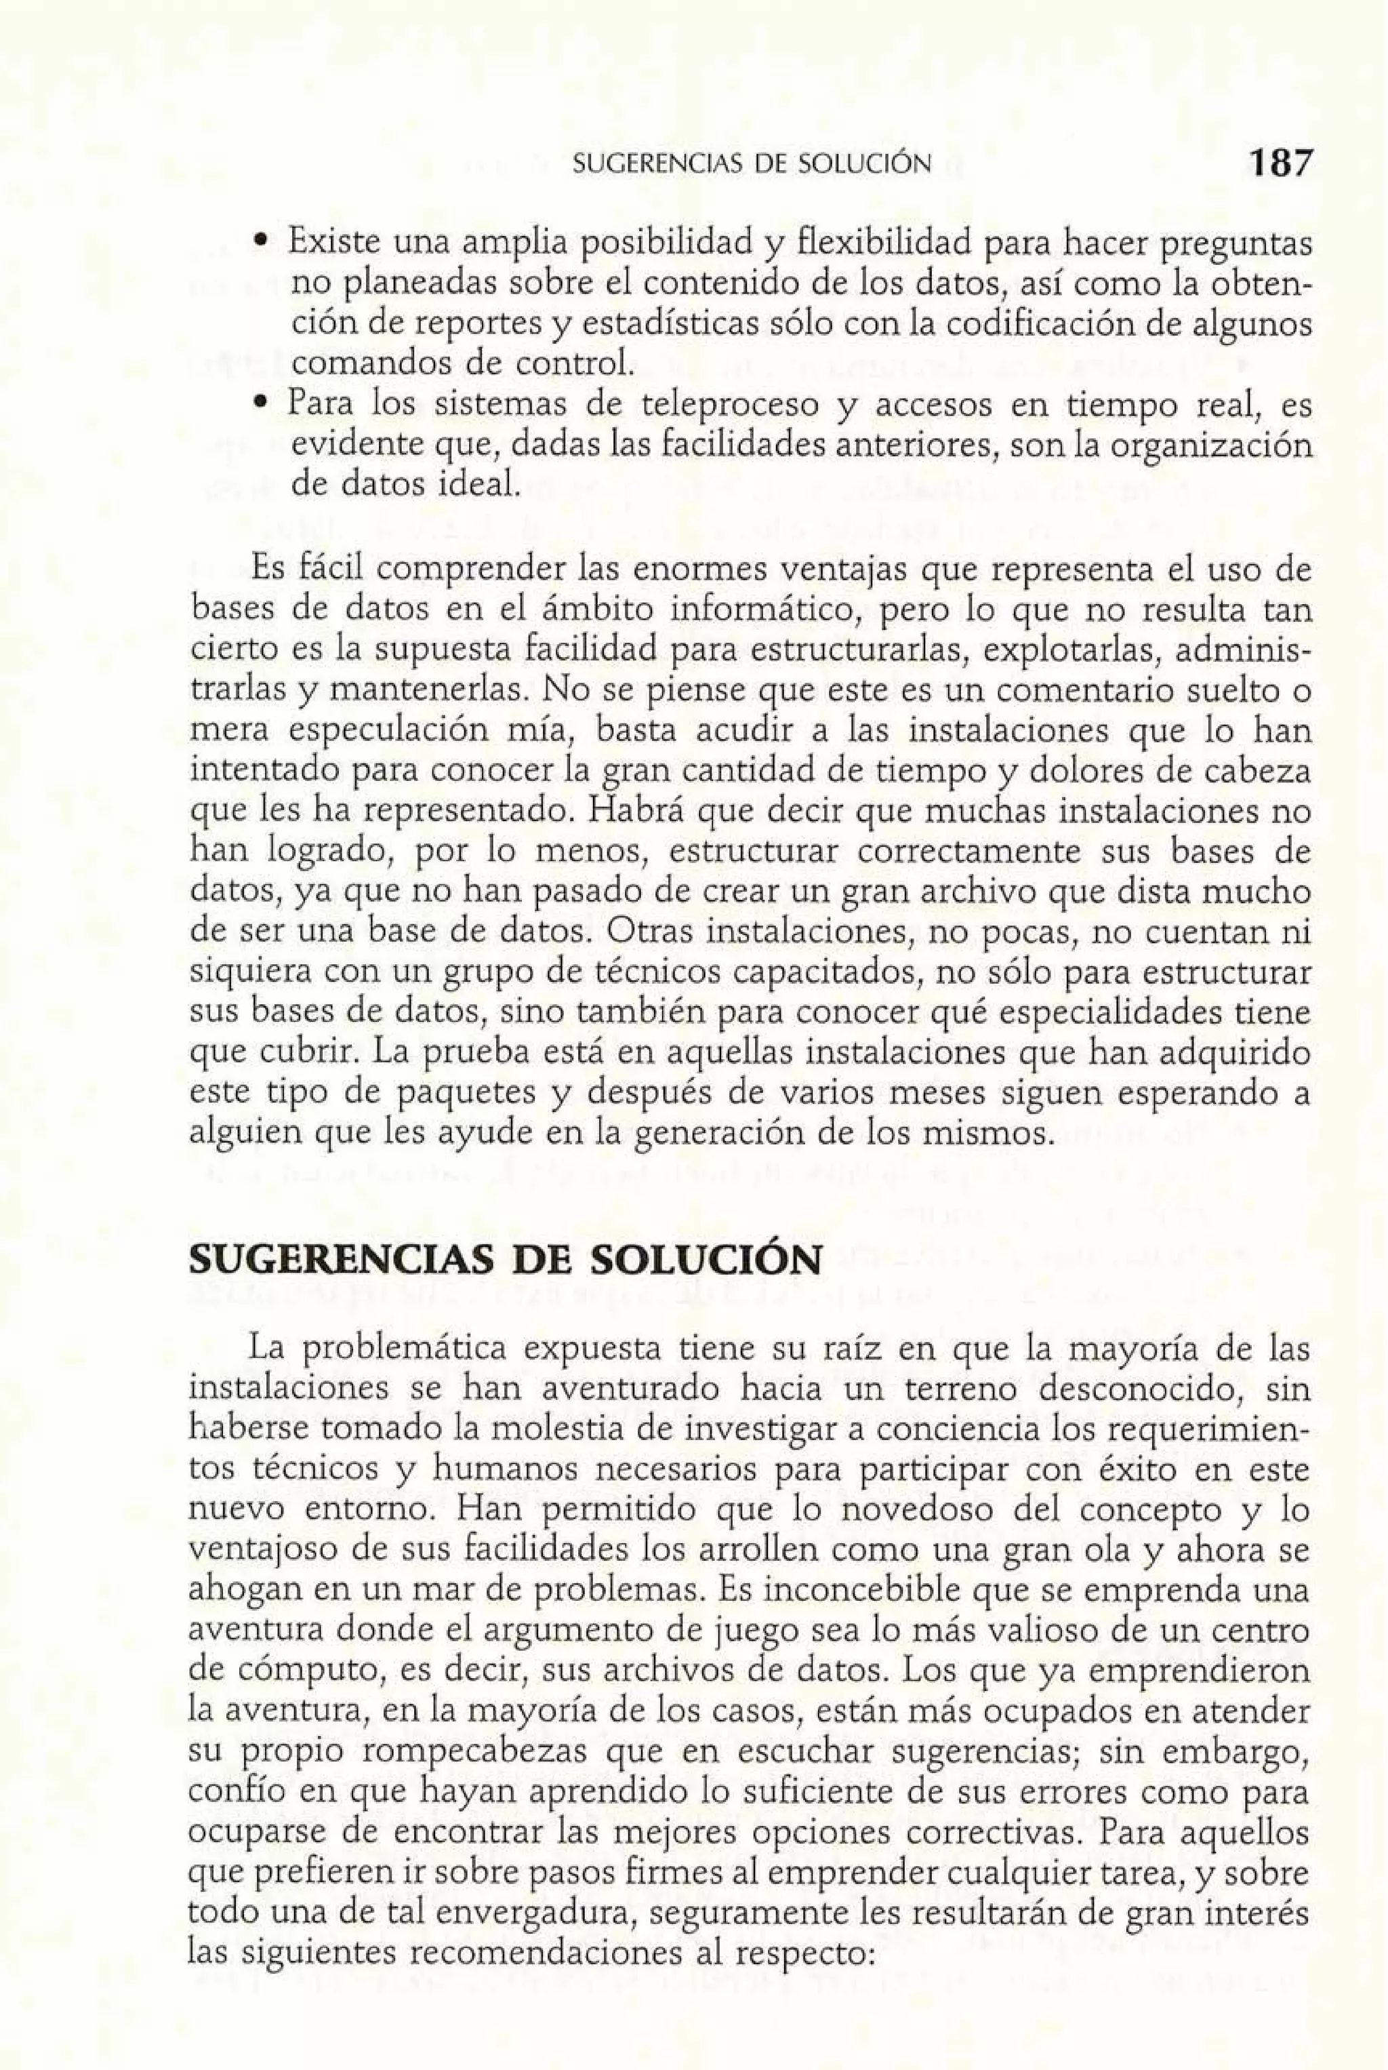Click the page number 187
click(1278, 163)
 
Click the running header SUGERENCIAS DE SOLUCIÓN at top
click(752, 164)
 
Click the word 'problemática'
click(403, 1349)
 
